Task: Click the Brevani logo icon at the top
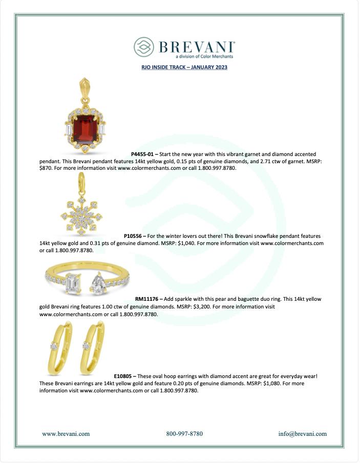144,47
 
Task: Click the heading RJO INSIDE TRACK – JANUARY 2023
184,67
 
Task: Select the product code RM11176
149,299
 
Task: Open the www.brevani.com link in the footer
66,434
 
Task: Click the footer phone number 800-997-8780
184,434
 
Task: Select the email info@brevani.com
302,434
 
